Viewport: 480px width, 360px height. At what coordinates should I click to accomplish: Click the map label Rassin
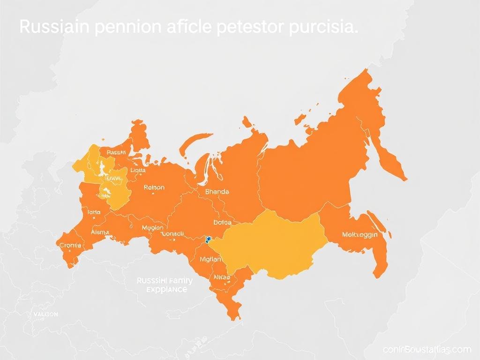(x=116, y=152)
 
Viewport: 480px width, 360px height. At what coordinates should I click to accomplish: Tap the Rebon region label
(x=154, y=187)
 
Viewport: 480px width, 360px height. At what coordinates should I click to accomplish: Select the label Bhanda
(x=217, y=192)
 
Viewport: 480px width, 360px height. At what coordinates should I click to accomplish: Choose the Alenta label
(x=100, y=232)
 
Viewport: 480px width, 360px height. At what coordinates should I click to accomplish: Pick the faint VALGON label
(x=45, y=315)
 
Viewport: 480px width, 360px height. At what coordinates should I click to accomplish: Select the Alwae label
(x=222, y=277)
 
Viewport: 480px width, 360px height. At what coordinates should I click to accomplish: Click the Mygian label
(x=210, y=258)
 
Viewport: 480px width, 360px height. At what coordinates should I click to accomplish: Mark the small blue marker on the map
(x=206, y=240)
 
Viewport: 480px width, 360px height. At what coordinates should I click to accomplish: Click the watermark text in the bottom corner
(x=426, y=350)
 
